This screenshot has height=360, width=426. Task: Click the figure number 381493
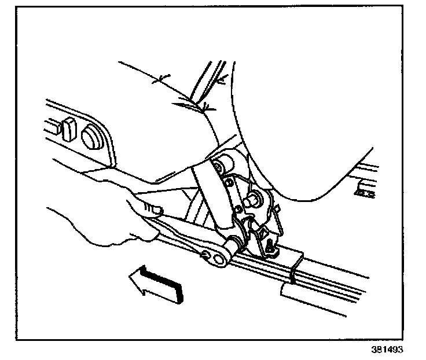387,350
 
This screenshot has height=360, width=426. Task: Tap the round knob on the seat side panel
90,138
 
